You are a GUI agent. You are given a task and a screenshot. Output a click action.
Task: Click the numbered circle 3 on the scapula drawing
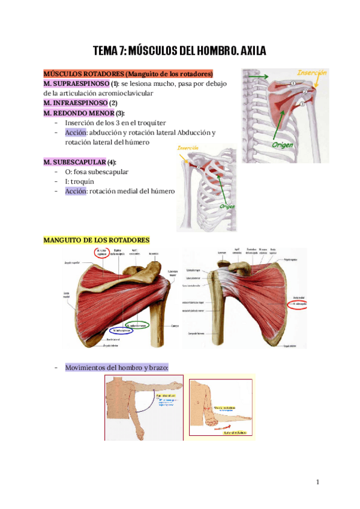[x=303, y=103]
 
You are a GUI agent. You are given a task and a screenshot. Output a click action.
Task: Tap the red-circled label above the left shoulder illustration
[x=100, y=253]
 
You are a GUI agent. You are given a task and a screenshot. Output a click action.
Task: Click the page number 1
[x=318, y=482]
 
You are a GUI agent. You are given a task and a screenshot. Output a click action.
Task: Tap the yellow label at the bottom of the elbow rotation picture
[x=233, y=431]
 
